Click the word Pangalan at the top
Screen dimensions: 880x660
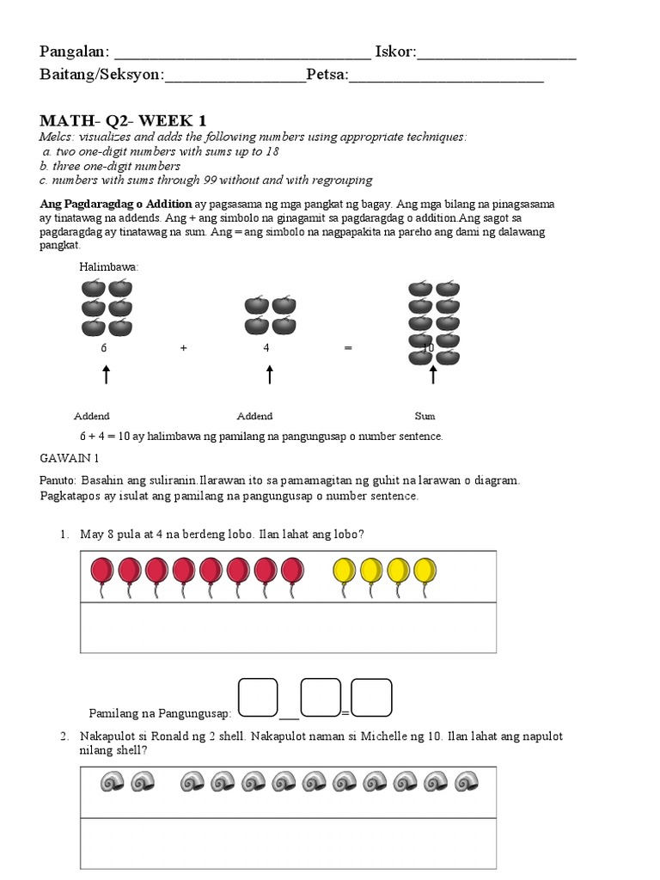pos(73,53)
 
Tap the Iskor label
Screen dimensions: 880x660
pos(394,53)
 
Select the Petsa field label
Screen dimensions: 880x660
pos(327,76)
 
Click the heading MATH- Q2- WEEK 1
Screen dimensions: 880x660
pos(123,120)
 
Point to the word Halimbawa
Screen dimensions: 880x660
pos(109,267)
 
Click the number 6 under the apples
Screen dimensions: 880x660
pos(104,348)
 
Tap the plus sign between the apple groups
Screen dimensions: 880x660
pos(183,348)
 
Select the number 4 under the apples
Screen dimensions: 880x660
pos(267,348)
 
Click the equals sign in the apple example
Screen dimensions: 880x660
pos(347,348)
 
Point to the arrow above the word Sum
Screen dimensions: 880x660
pos(433,375)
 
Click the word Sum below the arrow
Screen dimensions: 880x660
pos(425,416)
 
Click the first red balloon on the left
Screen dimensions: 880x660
pos(102,572)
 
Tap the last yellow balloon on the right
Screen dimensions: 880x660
pos(425,572)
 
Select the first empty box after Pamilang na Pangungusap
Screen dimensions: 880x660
pos(258,697)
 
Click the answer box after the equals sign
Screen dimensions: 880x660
pos(371,697)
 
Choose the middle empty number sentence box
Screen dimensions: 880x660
pos(321,697)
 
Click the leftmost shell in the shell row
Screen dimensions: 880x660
pos(111,782)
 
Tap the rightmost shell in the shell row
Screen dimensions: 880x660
pos(467,782)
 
